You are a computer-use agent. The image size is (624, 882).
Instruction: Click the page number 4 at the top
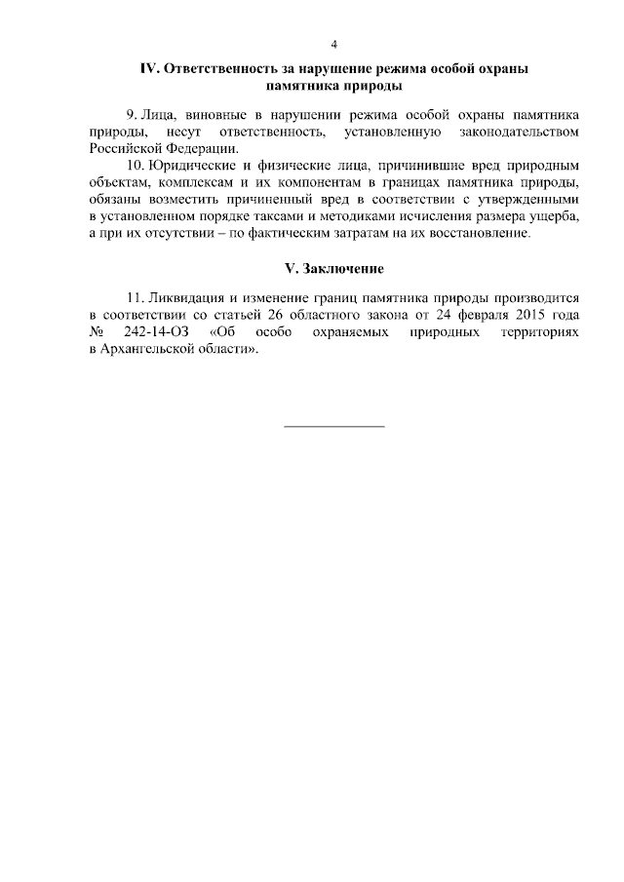click(334, 44)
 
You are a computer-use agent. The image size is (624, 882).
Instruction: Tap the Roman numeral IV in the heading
click(149, 69)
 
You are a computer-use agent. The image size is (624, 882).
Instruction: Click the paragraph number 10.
click(134, 165)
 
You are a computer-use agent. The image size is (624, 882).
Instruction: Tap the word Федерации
click(197, 148)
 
